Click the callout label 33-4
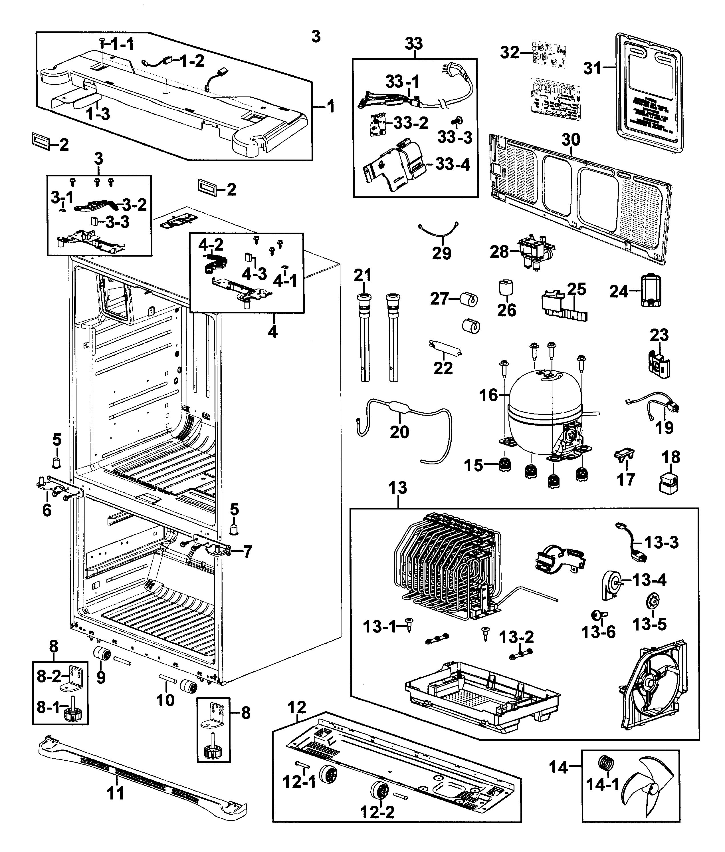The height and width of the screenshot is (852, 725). click(x=453, y=164)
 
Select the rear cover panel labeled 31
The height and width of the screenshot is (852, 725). click(x=649, y=94)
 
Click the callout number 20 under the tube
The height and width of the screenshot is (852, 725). click(x=399, y=432)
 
